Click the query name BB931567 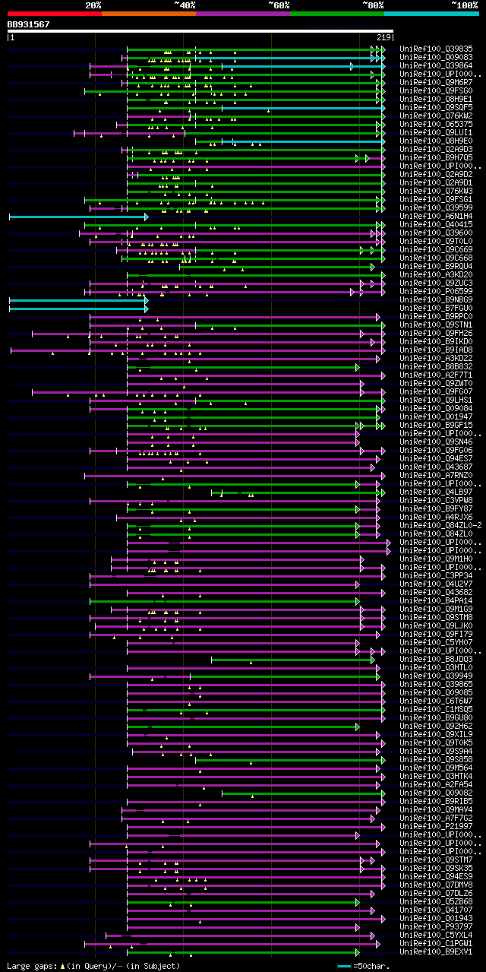pyautogui.click(x=29, y=24)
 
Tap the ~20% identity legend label pyautogui.click(x=93, y=5)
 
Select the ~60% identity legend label pyautogui.click(x=279, y=5)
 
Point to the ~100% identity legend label pyautogui.click(x=463, y=5)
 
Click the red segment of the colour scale pyautogui.click(x=54, y=13)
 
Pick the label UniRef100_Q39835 pyautogui.click(x=437, y=49)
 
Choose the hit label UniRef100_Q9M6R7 pyautogui.click(x=437, y=82)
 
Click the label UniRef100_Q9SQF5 pyautogui.click(x=437, y=107)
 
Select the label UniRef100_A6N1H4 pyautogui.click(x=437, y=216)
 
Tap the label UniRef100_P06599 pyautogui.click(x=437, y=291)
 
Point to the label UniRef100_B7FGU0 pyautogui.click(x=437, y=308)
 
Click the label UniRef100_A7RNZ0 pyautogui.click(x=437, y=475)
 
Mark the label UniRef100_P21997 pyautogui.click(x=437, y=826)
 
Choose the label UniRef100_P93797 pyautogui.click(x=437, y=926)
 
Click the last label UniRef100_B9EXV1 pyautogui.click(x=437, y=951)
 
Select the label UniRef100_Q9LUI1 pyautogui.click(x=437, y=132)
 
